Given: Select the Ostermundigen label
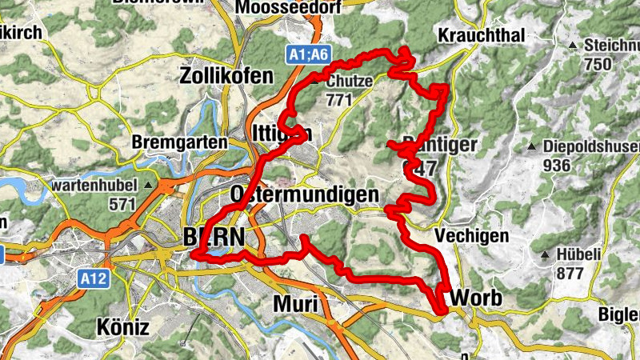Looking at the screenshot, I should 303,195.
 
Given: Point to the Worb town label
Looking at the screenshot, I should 477,298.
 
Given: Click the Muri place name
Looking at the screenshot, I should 295,305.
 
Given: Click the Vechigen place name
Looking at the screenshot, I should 473,236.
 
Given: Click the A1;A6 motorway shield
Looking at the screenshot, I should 308,55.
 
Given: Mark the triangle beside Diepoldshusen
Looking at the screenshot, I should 531,146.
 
